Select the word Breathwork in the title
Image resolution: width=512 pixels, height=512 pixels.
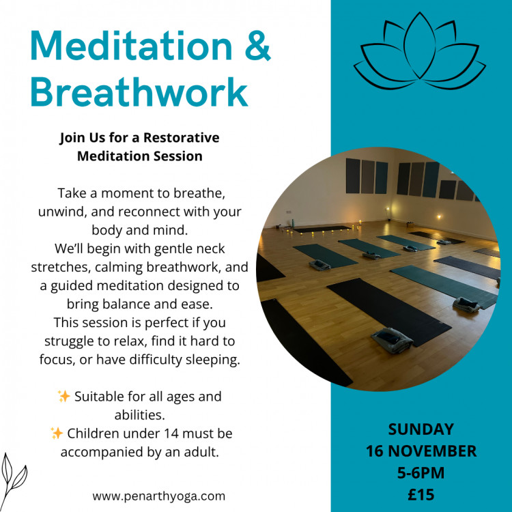pyautogui.click(x=139, y=92)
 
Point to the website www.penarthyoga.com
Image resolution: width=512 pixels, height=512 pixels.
pyautogui.click(x=158, y=496)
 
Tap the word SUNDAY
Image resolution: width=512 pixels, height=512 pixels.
pyautogui.click(x=421, y=430)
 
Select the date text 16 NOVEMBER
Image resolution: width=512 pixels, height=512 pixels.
pyautogui.click(x=421, y=451)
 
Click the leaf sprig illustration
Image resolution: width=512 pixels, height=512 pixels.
pyautogui.click(x=14, y=474)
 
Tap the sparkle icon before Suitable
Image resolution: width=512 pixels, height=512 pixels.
pyautogui.click(x=64, y=396)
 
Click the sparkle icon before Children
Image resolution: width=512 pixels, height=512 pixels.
pyautogui.click(x=57, y=433)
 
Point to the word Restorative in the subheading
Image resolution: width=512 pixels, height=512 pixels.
pyautogui.click(x=184, y=137)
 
